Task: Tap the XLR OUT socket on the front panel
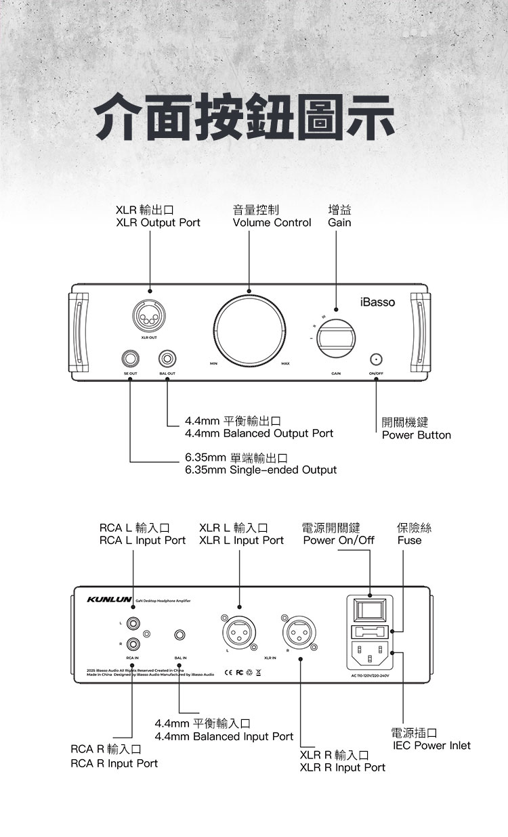[x=149, y=315]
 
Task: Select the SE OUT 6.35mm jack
[x=131, y=358]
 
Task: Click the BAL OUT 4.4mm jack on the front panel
[x=167, y=358]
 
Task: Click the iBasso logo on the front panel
[x=377, y=301]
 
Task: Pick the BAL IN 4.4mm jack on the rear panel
[x=179, y=635]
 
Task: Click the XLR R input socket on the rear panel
[x=299, y=633]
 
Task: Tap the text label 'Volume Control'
[x=272, y=223]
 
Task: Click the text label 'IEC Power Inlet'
[x=431, y=746]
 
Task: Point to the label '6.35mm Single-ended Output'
[x=261, y=470]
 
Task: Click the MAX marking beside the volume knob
[x=285, y=365]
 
